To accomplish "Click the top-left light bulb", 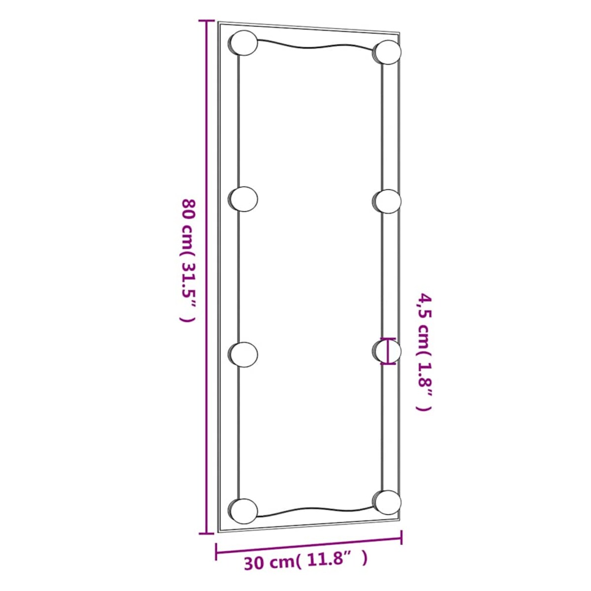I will point(243,43).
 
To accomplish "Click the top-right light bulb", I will point(388,52).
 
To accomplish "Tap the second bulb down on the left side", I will point(243,199).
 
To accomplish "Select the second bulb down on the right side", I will point(387,201).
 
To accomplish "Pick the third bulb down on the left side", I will point(243,354).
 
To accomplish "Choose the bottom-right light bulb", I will point(387,502).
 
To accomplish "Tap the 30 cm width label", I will point(305,561).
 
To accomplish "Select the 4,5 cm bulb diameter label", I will point(424,352).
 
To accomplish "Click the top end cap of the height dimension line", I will point(206,21).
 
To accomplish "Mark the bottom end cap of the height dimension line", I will point(206,533).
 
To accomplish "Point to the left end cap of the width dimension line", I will point(216,551).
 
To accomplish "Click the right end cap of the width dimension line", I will point(402,536).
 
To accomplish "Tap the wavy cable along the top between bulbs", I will point(315,48).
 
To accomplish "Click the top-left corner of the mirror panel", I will point(219,22).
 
